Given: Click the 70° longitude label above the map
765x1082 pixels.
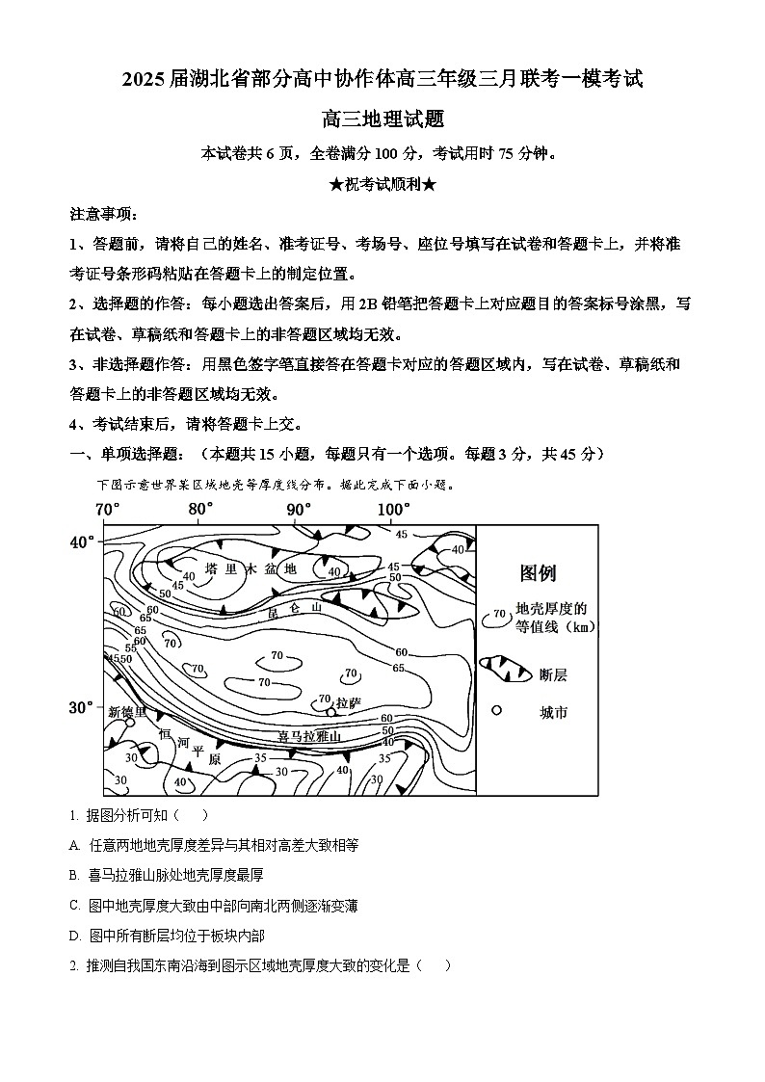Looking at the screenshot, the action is point(106,509).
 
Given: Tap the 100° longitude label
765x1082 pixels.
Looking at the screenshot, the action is point(393,509).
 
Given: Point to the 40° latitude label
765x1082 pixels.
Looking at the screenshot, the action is point(82,541).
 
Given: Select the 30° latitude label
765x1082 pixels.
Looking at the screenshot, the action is point(82,707).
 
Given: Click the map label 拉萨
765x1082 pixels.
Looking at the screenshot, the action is point(348,702).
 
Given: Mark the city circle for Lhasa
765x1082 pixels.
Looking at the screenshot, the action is point(331,712).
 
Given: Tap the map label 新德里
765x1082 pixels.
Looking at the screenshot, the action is point(127,712).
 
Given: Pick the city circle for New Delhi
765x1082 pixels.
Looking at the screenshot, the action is point(130,723).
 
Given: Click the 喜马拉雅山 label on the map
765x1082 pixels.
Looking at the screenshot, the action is point(309,737).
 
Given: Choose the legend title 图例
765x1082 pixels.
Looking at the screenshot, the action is point(538,573).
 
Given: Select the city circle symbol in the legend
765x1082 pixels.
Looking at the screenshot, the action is point(497,711).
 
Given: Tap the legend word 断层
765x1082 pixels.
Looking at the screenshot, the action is point(554,674).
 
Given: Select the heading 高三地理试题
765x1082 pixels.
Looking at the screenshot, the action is point(382,119).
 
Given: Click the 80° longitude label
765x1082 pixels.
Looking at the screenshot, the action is point(200,509).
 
